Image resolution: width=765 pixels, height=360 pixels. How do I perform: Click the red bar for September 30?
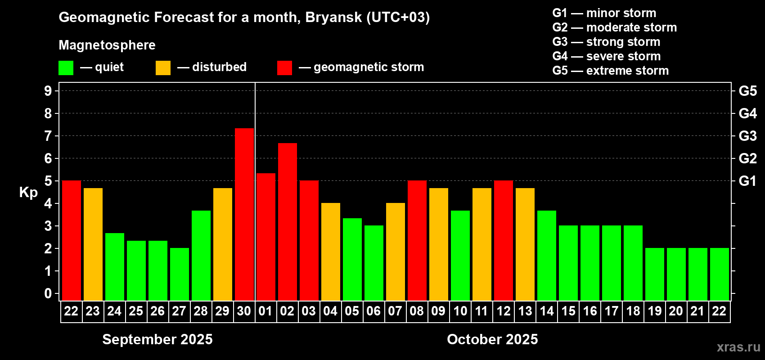244,214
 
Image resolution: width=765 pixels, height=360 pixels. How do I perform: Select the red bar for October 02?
288,222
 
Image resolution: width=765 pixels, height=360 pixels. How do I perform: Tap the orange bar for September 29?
223,244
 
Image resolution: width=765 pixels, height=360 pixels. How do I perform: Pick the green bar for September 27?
180,274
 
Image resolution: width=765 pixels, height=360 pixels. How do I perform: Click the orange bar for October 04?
331,252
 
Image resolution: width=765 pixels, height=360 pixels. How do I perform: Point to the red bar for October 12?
504,240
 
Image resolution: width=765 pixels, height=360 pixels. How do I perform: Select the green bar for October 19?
655,274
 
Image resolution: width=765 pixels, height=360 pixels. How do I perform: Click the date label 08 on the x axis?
417,311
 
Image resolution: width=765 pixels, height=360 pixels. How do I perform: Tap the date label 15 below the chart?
568,311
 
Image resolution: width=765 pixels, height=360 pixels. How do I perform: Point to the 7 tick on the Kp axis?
48,136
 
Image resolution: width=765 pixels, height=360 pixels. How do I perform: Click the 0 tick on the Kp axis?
48,293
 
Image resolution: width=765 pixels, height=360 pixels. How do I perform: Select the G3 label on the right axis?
748,136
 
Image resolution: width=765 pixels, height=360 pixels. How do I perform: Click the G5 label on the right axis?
748,91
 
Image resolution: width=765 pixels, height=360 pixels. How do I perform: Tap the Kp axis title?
28,193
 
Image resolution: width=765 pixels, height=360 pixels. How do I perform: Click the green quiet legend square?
66,67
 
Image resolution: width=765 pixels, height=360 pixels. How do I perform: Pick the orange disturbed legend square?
163,67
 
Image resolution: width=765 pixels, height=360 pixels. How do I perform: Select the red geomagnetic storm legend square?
284,67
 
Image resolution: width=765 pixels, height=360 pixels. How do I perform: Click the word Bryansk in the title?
333,18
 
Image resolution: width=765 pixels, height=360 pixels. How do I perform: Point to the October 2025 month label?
492,339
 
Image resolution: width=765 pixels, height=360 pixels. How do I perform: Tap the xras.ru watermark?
739,347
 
